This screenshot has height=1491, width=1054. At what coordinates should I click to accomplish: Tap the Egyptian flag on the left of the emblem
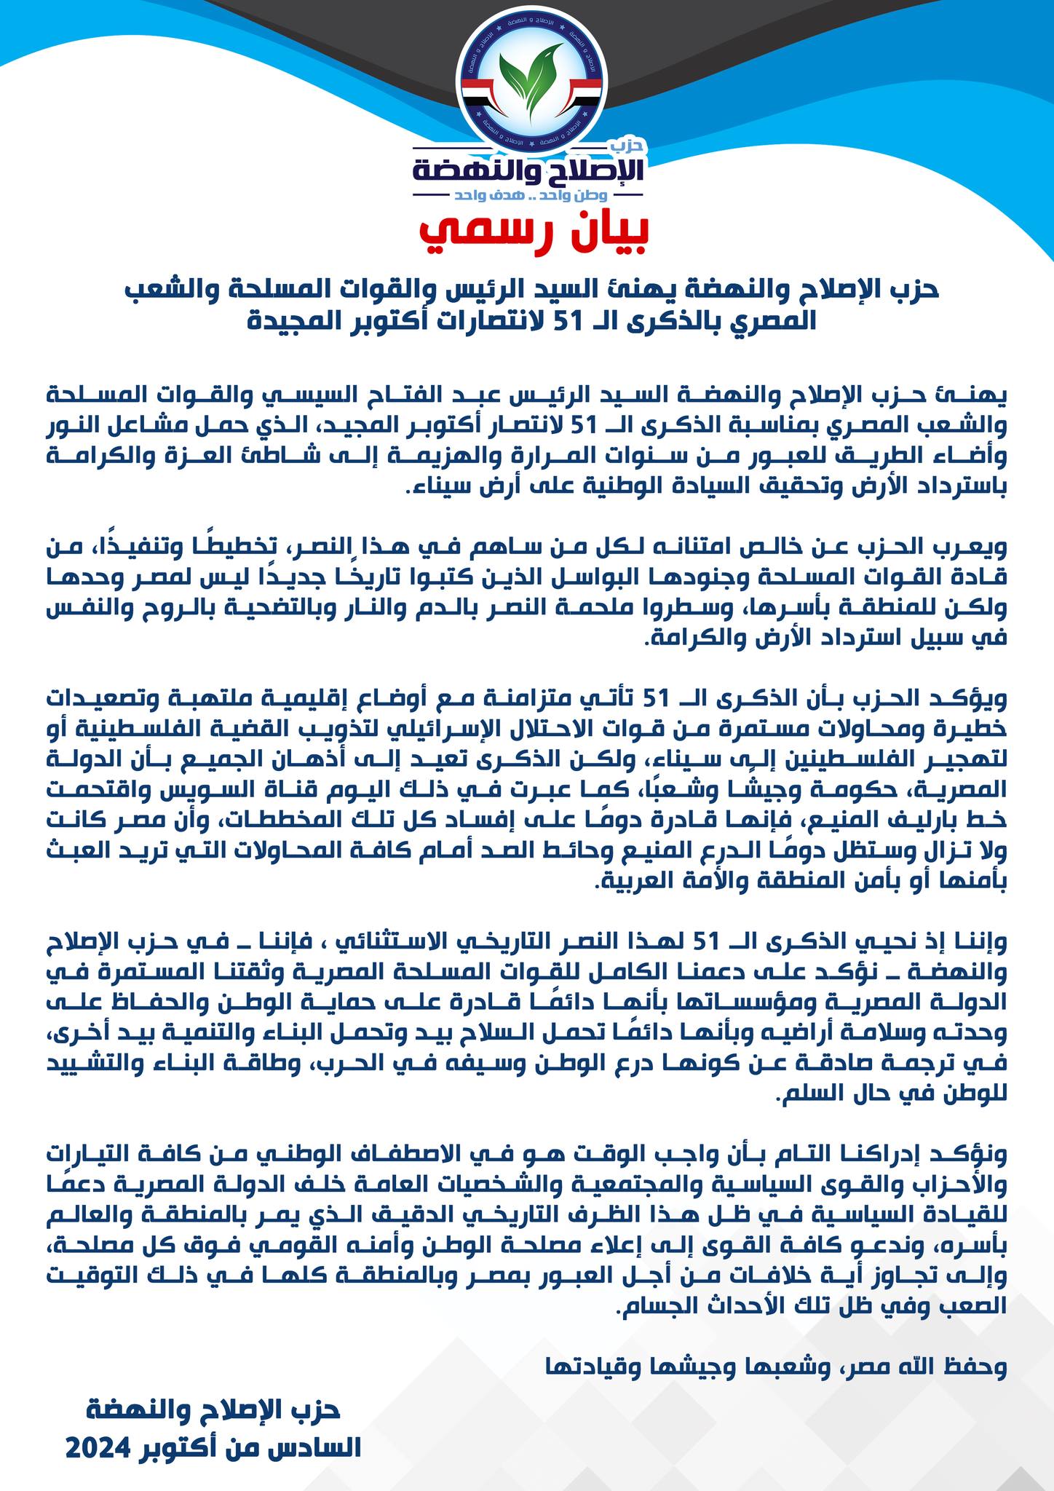(x=478, y=94)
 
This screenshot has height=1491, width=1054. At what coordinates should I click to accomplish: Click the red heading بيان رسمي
(x=534, y=230)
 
